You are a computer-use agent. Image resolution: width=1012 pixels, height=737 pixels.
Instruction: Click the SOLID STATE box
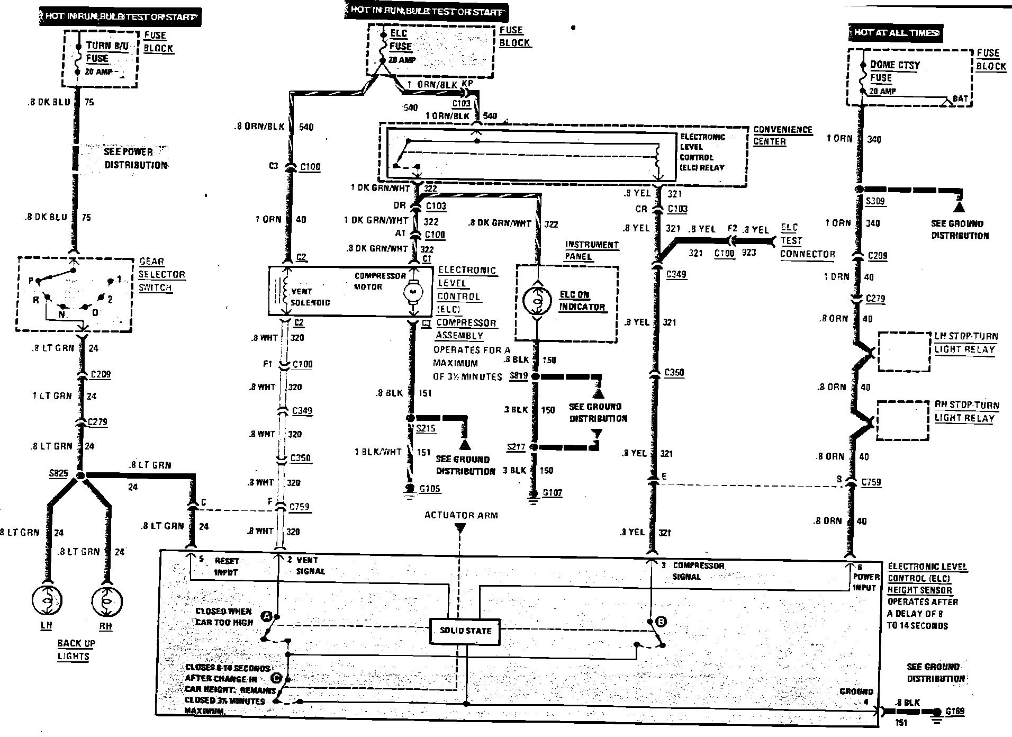pyautogui.click(x=465, y=631)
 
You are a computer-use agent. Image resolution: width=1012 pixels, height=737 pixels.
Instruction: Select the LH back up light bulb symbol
pyautogui.click(x=47, y=601)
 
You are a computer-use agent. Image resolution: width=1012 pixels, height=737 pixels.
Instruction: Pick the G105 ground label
pyautogui.click(x=429, y=489)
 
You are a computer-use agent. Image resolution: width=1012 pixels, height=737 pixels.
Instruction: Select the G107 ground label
pyautogui.click(x=553, y=493)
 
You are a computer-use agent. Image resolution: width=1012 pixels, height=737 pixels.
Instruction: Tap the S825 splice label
pyautogui.click(x=58, y=473)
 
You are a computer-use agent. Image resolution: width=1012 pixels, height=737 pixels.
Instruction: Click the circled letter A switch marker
pyautogui.click(x=267, y=616)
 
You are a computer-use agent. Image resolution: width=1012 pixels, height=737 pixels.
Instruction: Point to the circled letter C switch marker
pyautogui.click(x=275, y=677)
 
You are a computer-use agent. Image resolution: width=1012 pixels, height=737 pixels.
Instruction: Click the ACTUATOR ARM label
pyautogui.click(x=460, y=515)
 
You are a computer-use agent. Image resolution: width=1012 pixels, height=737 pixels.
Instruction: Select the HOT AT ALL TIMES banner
pyautogui.click(x=895, y=33)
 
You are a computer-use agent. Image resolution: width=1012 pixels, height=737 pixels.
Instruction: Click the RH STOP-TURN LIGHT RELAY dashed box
pyautogui.click(x=902, y=420)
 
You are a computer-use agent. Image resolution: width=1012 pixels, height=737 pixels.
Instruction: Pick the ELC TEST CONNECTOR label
pyautogui.click(x=807, y=241)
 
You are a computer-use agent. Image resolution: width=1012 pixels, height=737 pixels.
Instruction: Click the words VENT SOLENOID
pyautogui.click(x=310, y=297)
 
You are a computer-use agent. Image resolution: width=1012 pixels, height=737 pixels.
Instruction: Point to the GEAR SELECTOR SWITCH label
pyautogui.click(x=162, y=274)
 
